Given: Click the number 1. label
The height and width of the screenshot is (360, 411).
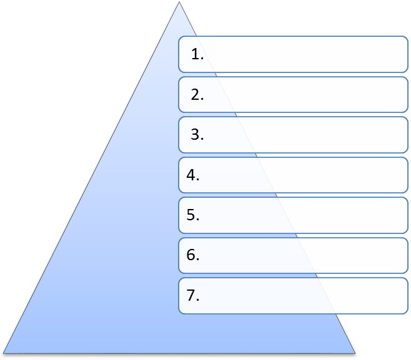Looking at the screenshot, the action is pos(197,54).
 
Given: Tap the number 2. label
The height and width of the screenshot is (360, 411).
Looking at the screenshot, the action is pos(197,94).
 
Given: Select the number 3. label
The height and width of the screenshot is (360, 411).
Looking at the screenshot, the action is pos(197,135).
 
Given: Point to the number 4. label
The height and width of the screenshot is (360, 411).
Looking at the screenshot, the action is pos(193,175).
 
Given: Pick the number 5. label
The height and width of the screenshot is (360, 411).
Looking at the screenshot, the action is pos(193,215).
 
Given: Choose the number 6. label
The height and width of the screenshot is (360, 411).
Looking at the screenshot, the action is pos(193,255).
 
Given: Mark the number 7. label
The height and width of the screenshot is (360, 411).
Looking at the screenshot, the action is pos(193,295).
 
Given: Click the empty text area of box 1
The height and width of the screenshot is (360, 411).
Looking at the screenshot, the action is pos(304,54).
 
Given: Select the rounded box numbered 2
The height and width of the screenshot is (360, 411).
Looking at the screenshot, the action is pos(294,94).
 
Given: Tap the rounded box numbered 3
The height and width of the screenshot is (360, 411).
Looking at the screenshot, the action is pos(294,135).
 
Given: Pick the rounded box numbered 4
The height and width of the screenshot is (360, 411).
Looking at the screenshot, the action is pos(294,175).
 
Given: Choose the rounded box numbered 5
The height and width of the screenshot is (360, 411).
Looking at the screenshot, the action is pos(294,215).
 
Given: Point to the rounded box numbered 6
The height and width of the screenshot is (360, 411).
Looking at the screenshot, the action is pos(294,255).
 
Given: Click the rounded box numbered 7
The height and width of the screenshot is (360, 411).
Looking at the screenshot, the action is pos(294,296).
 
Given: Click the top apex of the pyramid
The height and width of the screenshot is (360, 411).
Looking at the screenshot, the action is pos(179,2).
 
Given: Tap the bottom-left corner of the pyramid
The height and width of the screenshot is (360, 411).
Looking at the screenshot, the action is pos(3,353).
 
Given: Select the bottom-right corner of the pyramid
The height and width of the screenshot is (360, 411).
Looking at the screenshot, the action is pos(355,353).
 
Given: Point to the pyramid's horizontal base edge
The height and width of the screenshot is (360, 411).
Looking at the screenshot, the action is pos(179,353).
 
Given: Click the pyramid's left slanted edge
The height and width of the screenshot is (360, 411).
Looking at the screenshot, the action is pos(91,178).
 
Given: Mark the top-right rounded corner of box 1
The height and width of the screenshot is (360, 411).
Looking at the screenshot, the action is pos(406,39).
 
